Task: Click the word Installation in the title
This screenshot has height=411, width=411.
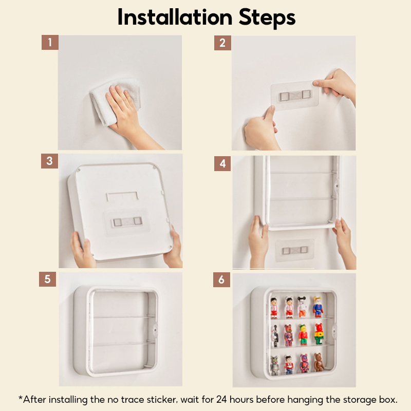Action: coord(175,17)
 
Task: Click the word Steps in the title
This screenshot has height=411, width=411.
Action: coord(267,18)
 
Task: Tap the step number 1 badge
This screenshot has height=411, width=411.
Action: coord(50,42)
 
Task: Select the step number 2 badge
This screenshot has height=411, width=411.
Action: coord(222,43)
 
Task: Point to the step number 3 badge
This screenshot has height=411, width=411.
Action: coord(49,161)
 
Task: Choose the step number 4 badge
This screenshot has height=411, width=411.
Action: coord(222,163)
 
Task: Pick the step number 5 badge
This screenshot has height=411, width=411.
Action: coord(47,279)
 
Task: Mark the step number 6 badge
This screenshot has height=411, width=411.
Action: coord(221,279)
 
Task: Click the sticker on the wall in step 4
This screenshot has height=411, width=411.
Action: coord(295,250)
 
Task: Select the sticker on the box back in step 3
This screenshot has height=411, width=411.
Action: coord(127,222)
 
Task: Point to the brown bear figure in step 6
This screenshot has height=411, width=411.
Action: coord(319,362)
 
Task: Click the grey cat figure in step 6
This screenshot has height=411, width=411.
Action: coord(274,365)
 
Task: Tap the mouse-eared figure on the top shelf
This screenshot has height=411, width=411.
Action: coord(302,307)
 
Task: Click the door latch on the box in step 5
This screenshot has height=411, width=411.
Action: coord(155,329)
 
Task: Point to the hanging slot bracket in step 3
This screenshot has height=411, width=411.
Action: coord(122,196)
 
